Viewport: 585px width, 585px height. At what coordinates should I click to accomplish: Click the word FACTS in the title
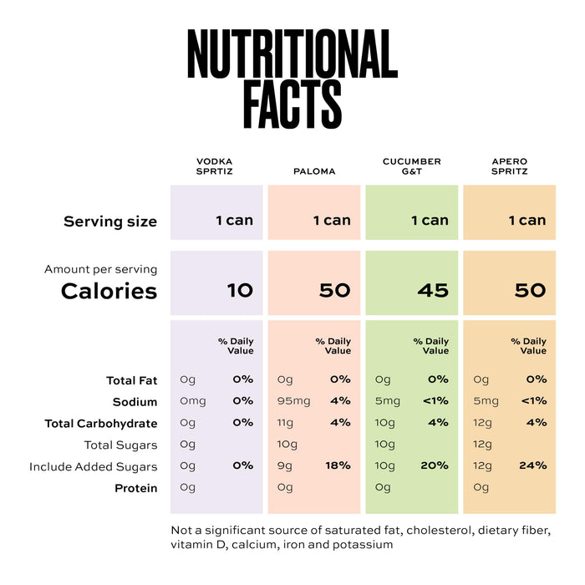pyautogui.click(x=292, y=104)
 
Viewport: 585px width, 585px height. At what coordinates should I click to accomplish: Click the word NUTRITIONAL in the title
pyautogui.click(x=292, y=53)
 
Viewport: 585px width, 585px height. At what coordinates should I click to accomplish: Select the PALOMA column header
pyautogui.click(x=314, y=171)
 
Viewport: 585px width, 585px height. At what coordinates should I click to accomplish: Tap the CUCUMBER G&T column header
pyautogui.click(x=412, y=166)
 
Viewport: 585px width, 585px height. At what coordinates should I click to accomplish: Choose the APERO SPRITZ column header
pyautogui.click(x=509, y=166)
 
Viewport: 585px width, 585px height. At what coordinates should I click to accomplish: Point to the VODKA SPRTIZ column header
pyautogui.click(x=215, y=166)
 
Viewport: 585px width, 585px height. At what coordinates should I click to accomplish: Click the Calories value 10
pyautogui.click(x=241, y=290)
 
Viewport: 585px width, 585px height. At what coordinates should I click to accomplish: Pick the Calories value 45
pyautogui.click(x=433, y=290)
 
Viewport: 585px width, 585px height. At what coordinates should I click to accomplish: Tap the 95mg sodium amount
pyautogui.click(x=293, y=401)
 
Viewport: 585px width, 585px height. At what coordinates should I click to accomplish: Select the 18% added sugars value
pyautogui.click(x=338, y=465)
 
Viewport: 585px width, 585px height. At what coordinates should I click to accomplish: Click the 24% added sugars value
pyautogui.click(x=533, y=465)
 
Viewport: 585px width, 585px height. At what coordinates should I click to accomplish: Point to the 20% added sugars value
pyautogui.click(x=435, y=465)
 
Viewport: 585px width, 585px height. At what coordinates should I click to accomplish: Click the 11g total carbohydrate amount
pyautogui.click(x=285, y=423)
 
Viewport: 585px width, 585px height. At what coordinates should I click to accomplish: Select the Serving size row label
pyautogui.click(x=110, y=221)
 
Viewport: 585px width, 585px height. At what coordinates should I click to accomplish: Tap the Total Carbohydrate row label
pyautogui.click(x=101, y=424)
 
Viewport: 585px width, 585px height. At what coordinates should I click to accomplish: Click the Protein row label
pyautogui.click(x=135, y=488)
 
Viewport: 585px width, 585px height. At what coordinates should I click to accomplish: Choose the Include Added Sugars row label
pyautogui.click(x=94, y=467)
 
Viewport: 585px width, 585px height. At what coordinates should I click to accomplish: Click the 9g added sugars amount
pyautogui.click(x=285, y=466)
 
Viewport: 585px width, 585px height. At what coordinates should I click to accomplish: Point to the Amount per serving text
pyautogui.click(x=101, y=269)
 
